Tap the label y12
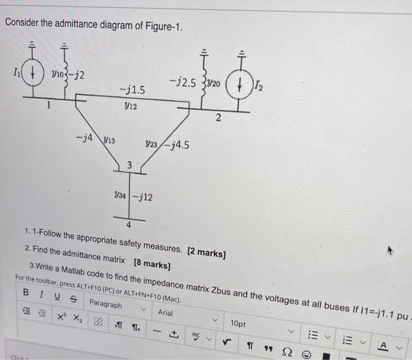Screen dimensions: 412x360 click(x=131, y=106)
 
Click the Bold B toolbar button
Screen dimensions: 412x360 click(x=26, y=292)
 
